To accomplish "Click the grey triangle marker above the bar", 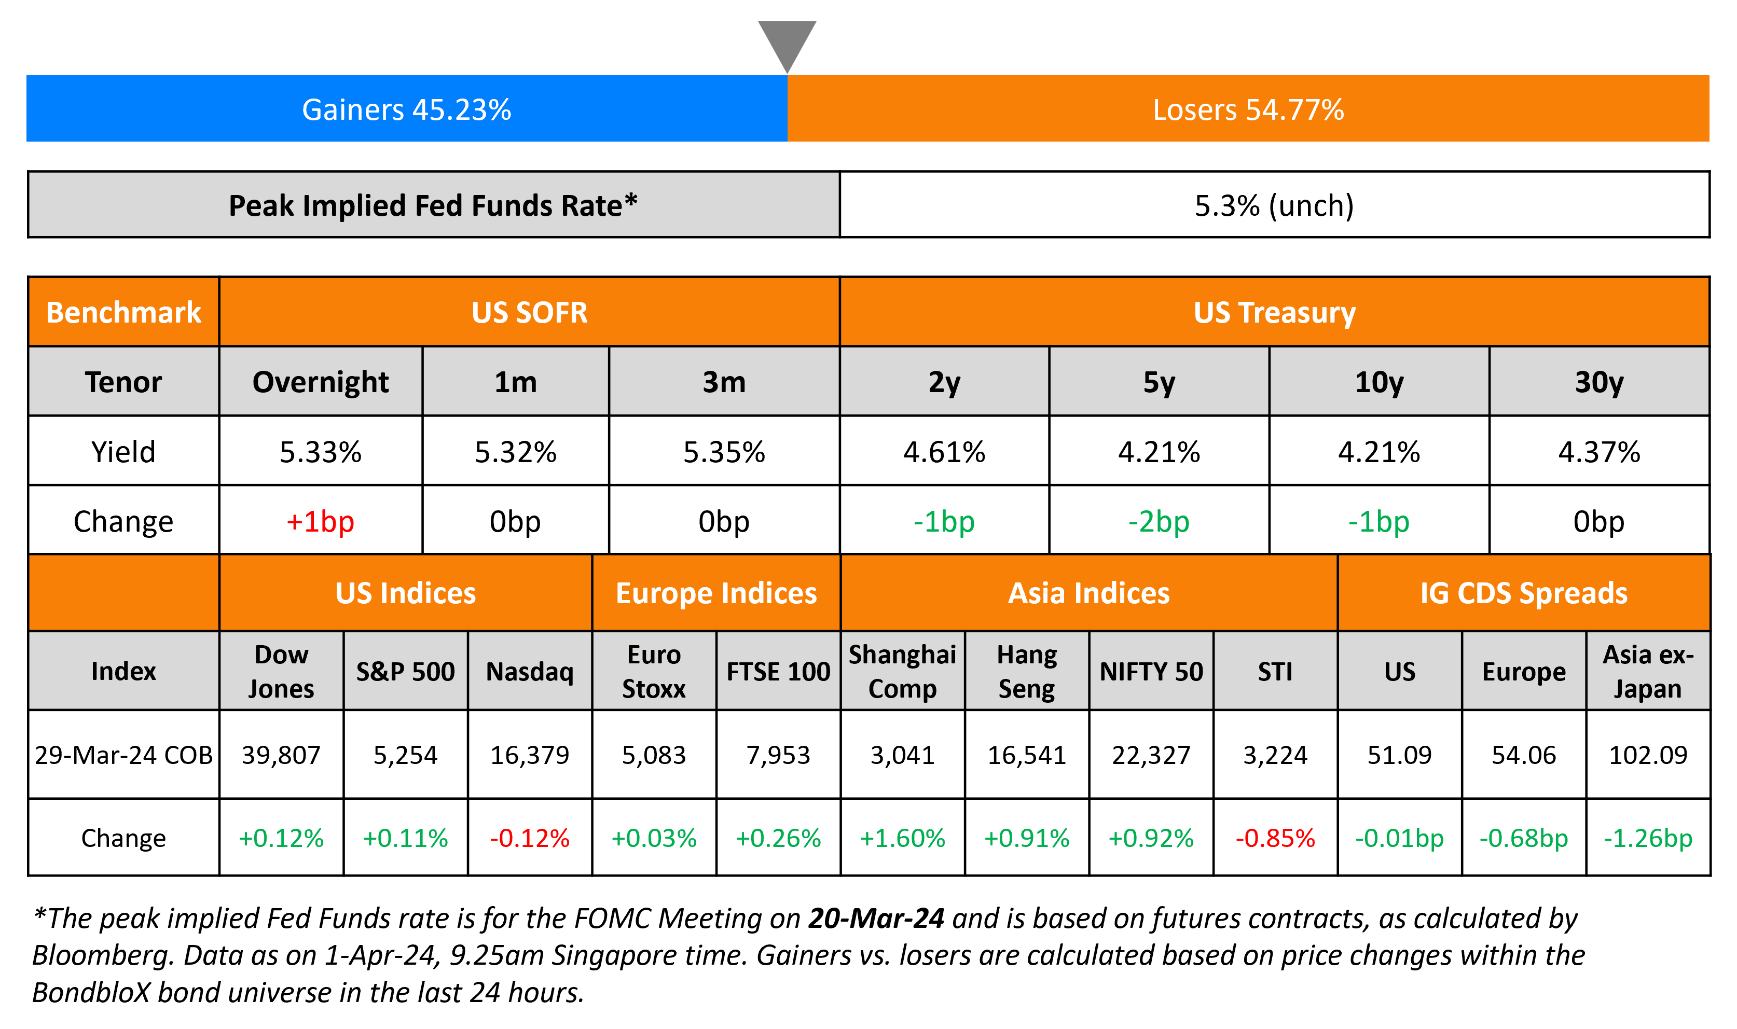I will pos(787,41).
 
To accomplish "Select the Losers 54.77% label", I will pos(1248,109).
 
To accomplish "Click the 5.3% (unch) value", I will pos(1274,205).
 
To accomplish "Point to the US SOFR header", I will pos(529,312).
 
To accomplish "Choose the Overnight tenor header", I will pos(320,382).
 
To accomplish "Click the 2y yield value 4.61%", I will pos(944,452).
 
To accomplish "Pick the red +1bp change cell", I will pos(320,521).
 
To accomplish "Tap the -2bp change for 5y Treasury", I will pos(1159,521).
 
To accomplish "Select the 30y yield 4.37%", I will pos(1599,452).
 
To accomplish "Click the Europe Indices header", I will pos(716,593).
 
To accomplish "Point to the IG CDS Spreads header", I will pos(1523,593).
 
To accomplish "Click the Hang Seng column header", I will pos(1027,671).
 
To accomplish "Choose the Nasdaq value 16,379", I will pos(530,755).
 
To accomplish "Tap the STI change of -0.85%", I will pos(1275,838).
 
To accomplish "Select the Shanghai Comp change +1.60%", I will pos(902,838).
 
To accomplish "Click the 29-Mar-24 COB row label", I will pos(123,755).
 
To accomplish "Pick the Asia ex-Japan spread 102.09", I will pos(1648,755).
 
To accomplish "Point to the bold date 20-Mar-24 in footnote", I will pos(876,918).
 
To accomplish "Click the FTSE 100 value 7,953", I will pos(778,755).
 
